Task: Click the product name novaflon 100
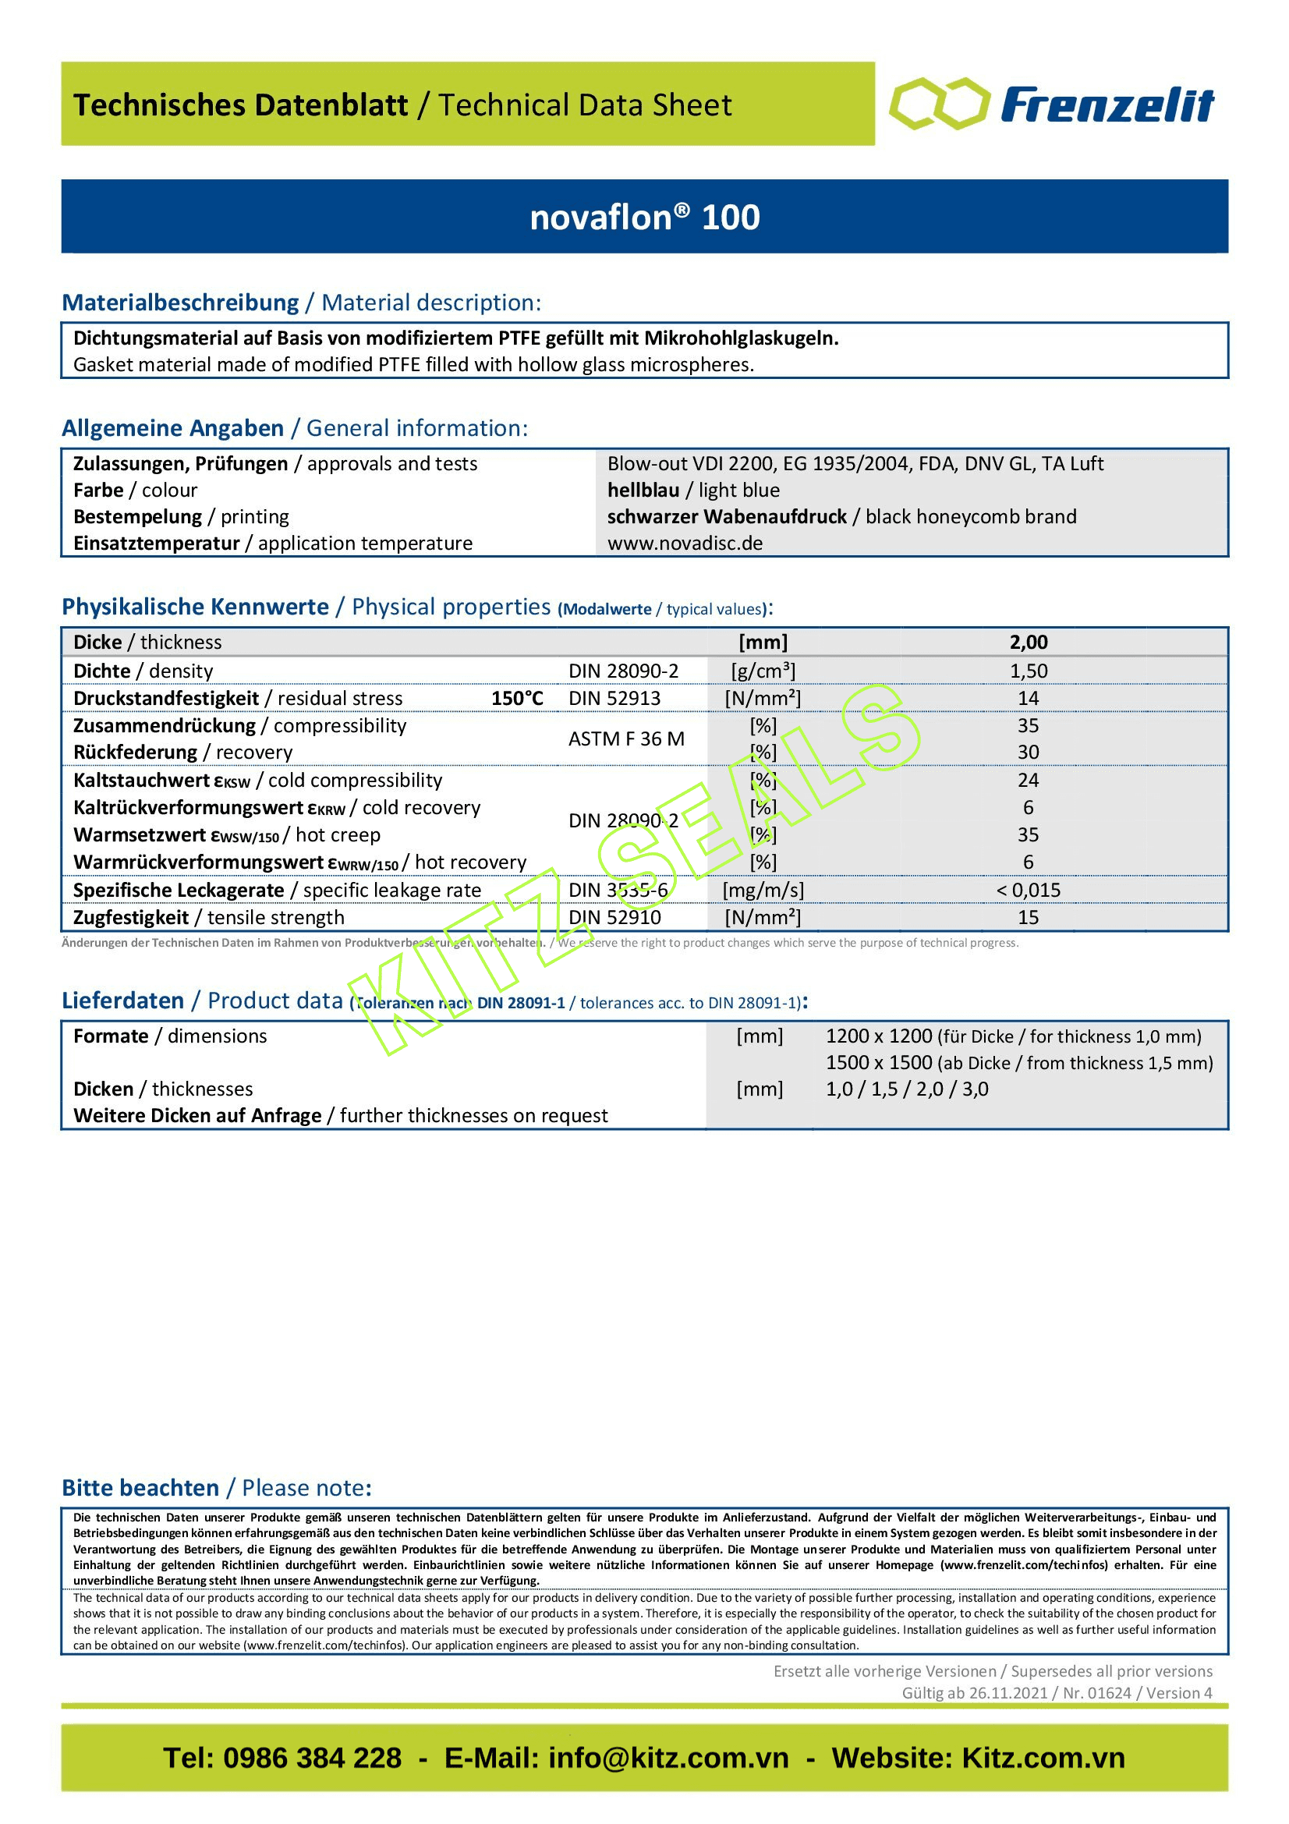[644, 217]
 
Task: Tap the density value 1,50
[1028, 671]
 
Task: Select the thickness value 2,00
[1028, 642]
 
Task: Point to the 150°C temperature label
[517, 698]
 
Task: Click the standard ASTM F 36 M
[626, 738]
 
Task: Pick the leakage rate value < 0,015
[1028, 891]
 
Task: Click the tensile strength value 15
[1028, 918]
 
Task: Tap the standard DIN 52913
[614, 698]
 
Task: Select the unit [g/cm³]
[763, 671]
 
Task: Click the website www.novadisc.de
[685, 544]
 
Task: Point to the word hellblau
[643, 491]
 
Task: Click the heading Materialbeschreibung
[180, 303]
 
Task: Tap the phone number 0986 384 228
[312, 1758]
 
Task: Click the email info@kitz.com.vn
[668, 1758]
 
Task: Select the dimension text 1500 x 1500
[878, 1063]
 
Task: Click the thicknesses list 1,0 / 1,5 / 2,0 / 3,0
[906, 1089]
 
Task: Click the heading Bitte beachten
[140, 1488]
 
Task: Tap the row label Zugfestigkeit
[131, 918]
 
